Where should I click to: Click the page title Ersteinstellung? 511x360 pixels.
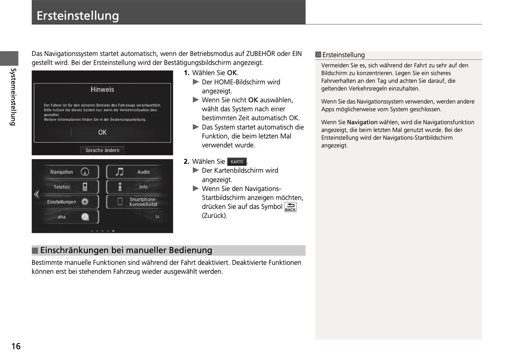[x=78, y=16]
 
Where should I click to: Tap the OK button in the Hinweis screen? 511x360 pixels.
[x=102, y=132]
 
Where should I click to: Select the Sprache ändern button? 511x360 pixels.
[x=102, y=150]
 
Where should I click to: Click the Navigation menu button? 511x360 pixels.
[x=70, y=172]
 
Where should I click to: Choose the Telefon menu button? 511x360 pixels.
[x=70, y=187]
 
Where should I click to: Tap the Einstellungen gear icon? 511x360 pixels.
[x=85, y=202]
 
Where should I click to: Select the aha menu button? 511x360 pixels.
[x=70, y=217]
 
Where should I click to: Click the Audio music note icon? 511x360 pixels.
[x=120, y=172]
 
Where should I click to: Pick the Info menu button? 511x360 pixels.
[x=134, y=187]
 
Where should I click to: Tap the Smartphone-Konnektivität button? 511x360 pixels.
[x=134, y=202]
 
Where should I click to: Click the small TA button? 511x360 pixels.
[x=157, y=217]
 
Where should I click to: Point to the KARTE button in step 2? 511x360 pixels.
[x=237, y=162]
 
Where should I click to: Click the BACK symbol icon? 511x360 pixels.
[x=290, y=207]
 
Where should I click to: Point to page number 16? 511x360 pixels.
[x=16, y=346]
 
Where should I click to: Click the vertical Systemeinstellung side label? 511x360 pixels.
[x=13, y=97]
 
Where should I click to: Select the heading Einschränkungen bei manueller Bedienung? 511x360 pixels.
[x=126, y=250]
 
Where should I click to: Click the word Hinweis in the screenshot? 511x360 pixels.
[x=102, y=89]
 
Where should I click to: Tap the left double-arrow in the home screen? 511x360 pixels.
[x=36, y=194]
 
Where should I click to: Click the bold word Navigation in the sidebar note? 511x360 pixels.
[x=362, y=122]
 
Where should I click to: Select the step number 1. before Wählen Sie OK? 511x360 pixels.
[x=186, y=73]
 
